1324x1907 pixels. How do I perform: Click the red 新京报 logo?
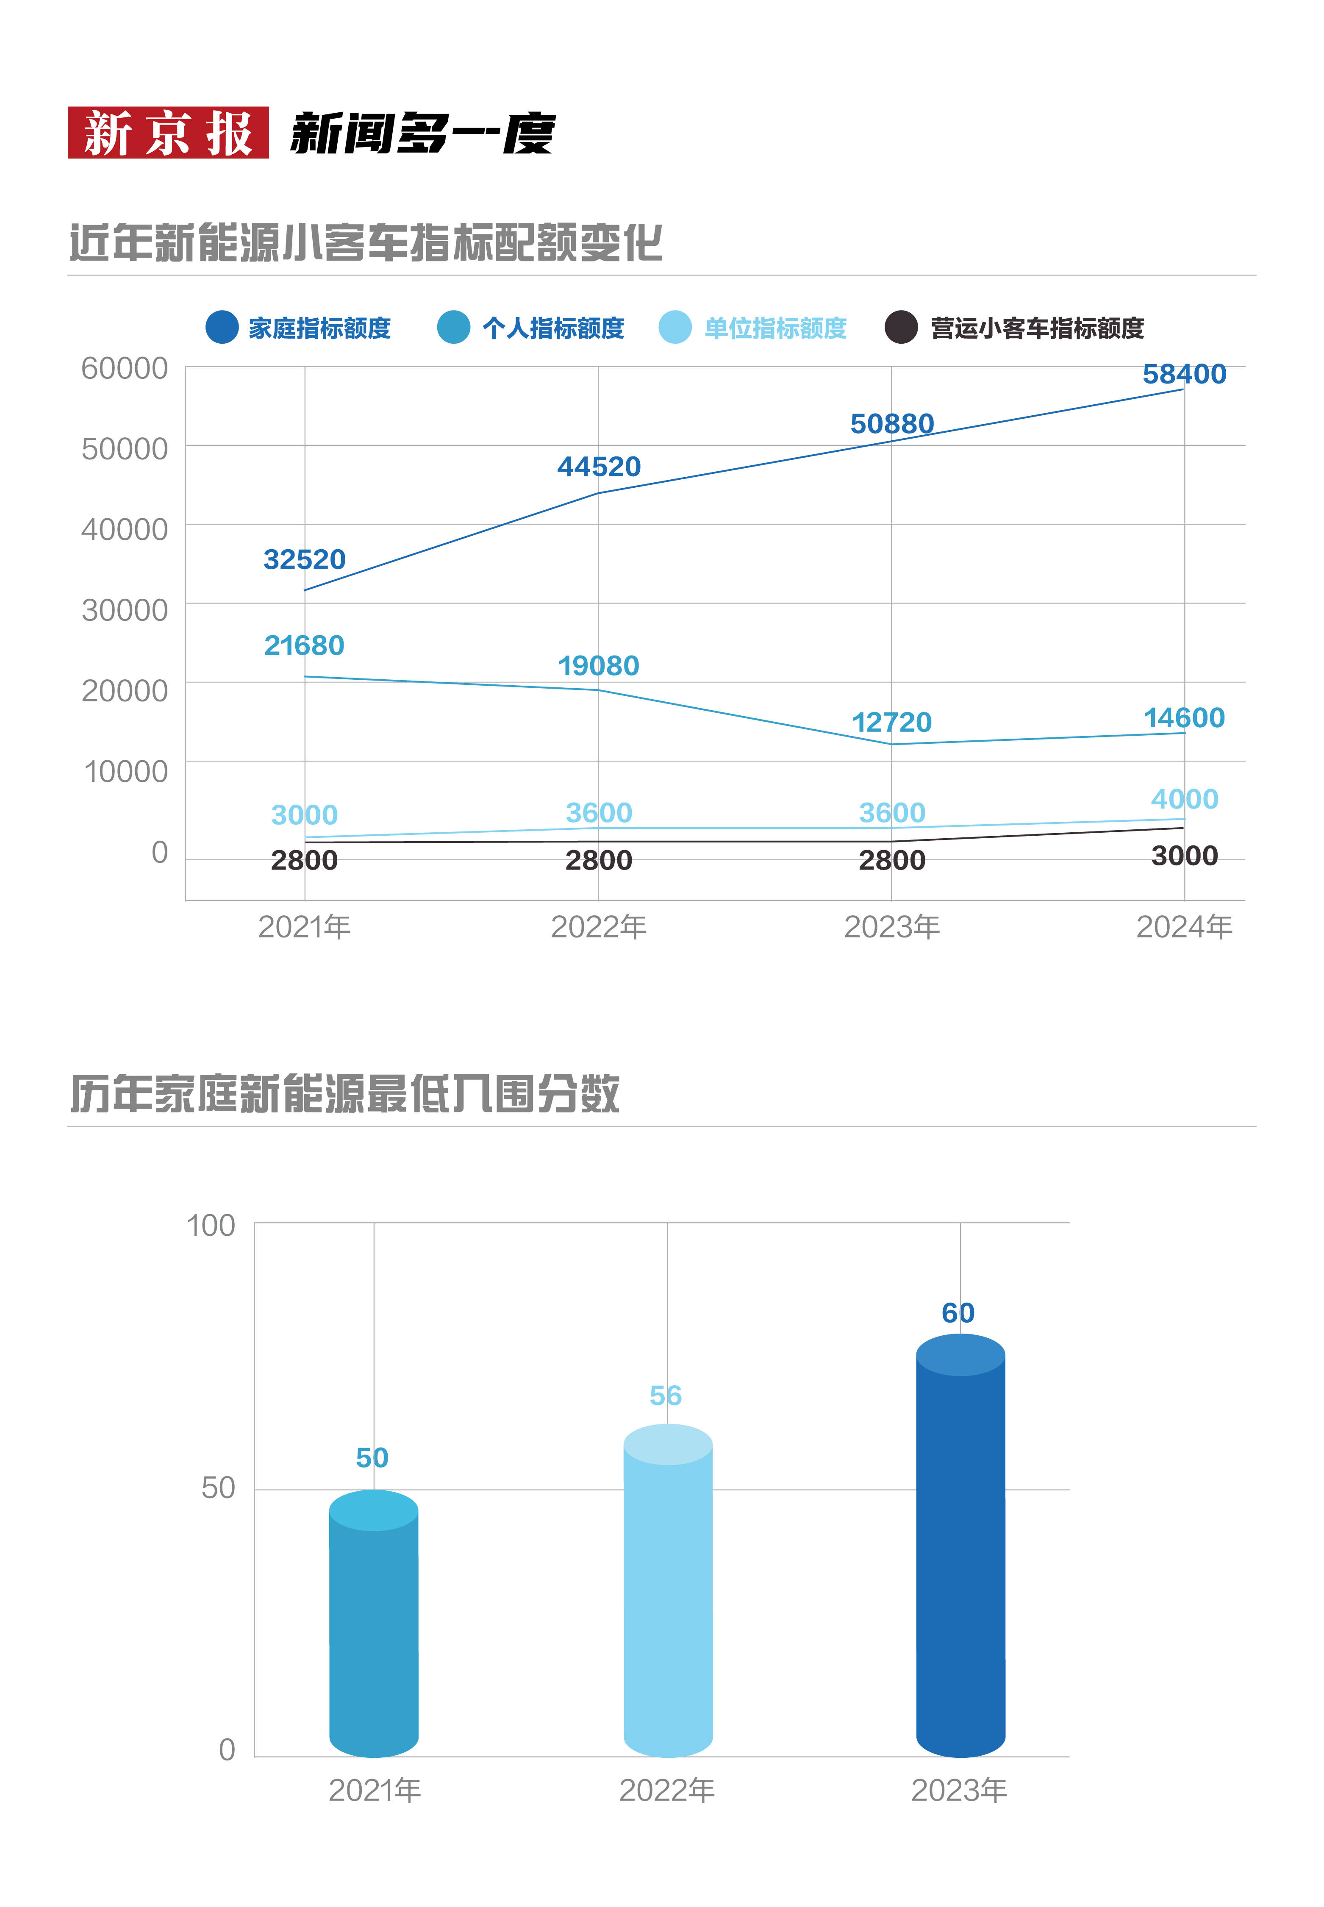168,133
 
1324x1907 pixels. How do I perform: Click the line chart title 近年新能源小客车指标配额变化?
365,243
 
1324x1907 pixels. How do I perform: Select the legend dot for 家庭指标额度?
222,327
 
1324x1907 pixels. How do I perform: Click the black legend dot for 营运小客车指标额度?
901,327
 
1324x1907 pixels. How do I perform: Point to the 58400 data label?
1184,374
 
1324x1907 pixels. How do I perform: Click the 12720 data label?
892,722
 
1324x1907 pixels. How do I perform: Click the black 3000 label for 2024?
1184,856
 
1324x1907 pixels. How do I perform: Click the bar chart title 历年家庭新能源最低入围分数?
344,1093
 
